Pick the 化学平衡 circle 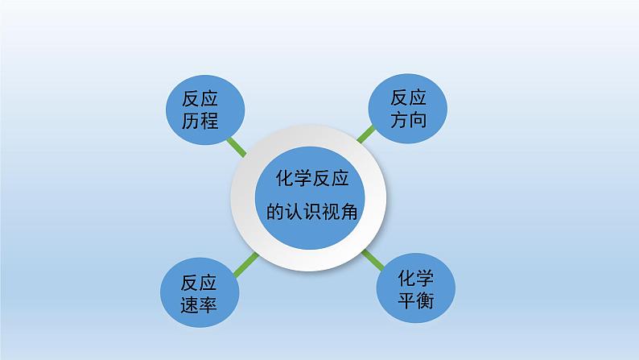point(415,290)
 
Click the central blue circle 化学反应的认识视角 point(310,197)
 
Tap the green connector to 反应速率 point(245,264)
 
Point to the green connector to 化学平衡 point(373,260)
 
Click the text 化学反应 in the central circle point(310,180)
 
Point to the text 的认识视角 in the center point(310,213)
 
